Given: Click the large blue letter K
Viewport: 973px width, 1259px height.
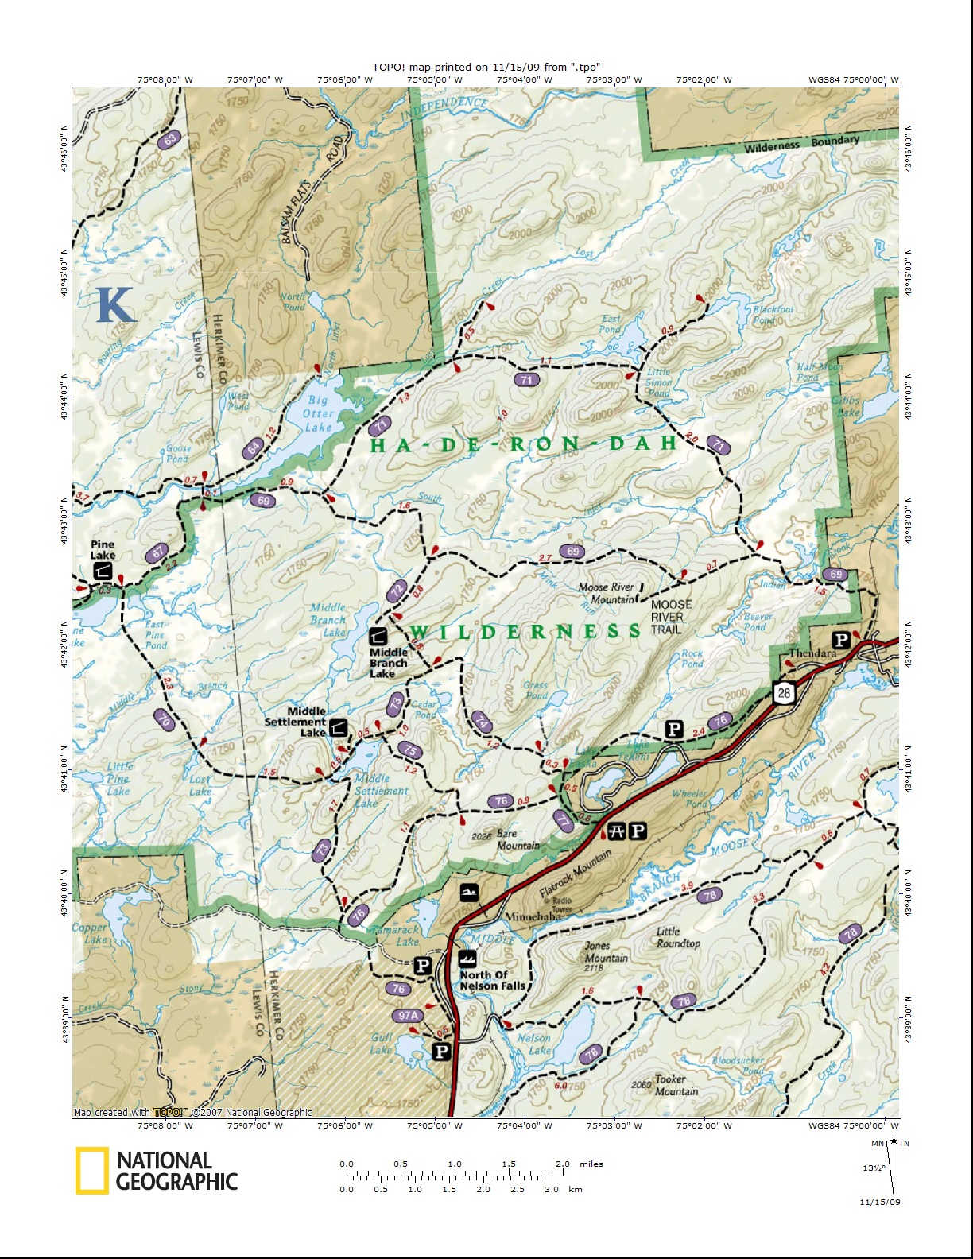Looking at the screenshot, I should [x=114, y=304].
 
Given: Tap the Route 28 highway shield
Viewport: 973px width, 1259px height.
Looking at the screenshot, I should [x=784, y=692].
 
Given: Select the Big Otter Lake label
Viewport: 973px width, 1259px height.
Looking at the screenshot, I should [x=318, y=413].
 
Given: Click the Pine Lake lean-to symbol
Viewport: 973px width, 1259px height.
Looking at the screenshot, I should [x=102, y=571].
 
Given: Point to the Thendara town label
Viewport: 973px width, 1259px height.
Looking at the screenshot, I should [x=812, y=653].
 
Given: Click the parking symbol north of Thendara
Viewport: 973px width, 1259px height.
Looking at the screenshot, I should [x=840, y=640].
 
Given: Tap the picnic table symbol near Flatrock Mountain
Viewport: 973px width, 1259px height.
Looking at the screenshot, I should [x=617, y=831].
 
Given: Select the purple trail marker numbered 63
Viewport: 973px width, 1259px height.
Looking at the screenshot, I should [x=169, y=141].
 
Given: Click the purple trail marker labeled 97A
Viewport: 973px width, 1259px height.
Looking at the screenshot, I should [x=408, y=1016].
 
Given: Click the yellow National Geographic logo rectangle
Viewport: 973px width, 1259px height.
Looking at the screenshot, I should [x=91, y=1171].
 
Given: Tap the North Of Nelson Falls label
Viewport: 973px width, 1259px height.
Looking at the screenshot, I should [x=492, y=980].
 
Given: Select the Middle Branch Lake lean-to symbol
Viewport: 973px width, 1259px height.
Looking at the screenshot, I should [x=378, y=636].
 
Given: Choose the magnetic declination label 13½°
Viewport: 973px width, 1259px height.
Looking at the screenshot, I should [x=874, y=1168].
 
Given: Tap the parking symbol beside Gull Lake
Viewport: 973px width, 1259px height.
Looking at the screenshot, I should [x=441, y=1052].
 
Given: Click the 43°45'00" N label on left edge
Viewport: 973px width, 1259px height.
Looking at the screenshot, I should [x=64, y=274].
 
